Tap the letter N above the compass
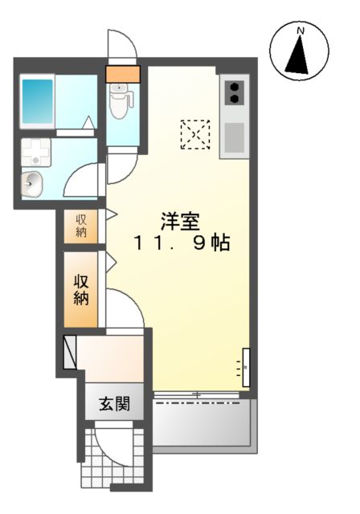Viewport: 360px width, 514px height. click(301, 31)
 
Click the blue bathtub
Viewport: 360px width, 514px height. click(36, 102)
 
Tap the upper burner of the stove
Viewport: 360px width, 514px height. click(235, 85)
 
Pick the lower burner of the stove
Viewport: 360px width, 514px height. click(235, 100)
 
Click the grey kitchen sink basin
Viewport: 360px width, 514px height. click(233, 138)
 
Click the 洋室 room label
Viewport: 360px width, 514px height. click(180, 221)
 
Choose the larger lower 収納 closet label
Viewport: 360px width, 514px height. click(82, 289)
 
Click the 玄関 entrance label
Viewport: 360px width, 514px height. click(115, 403)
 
